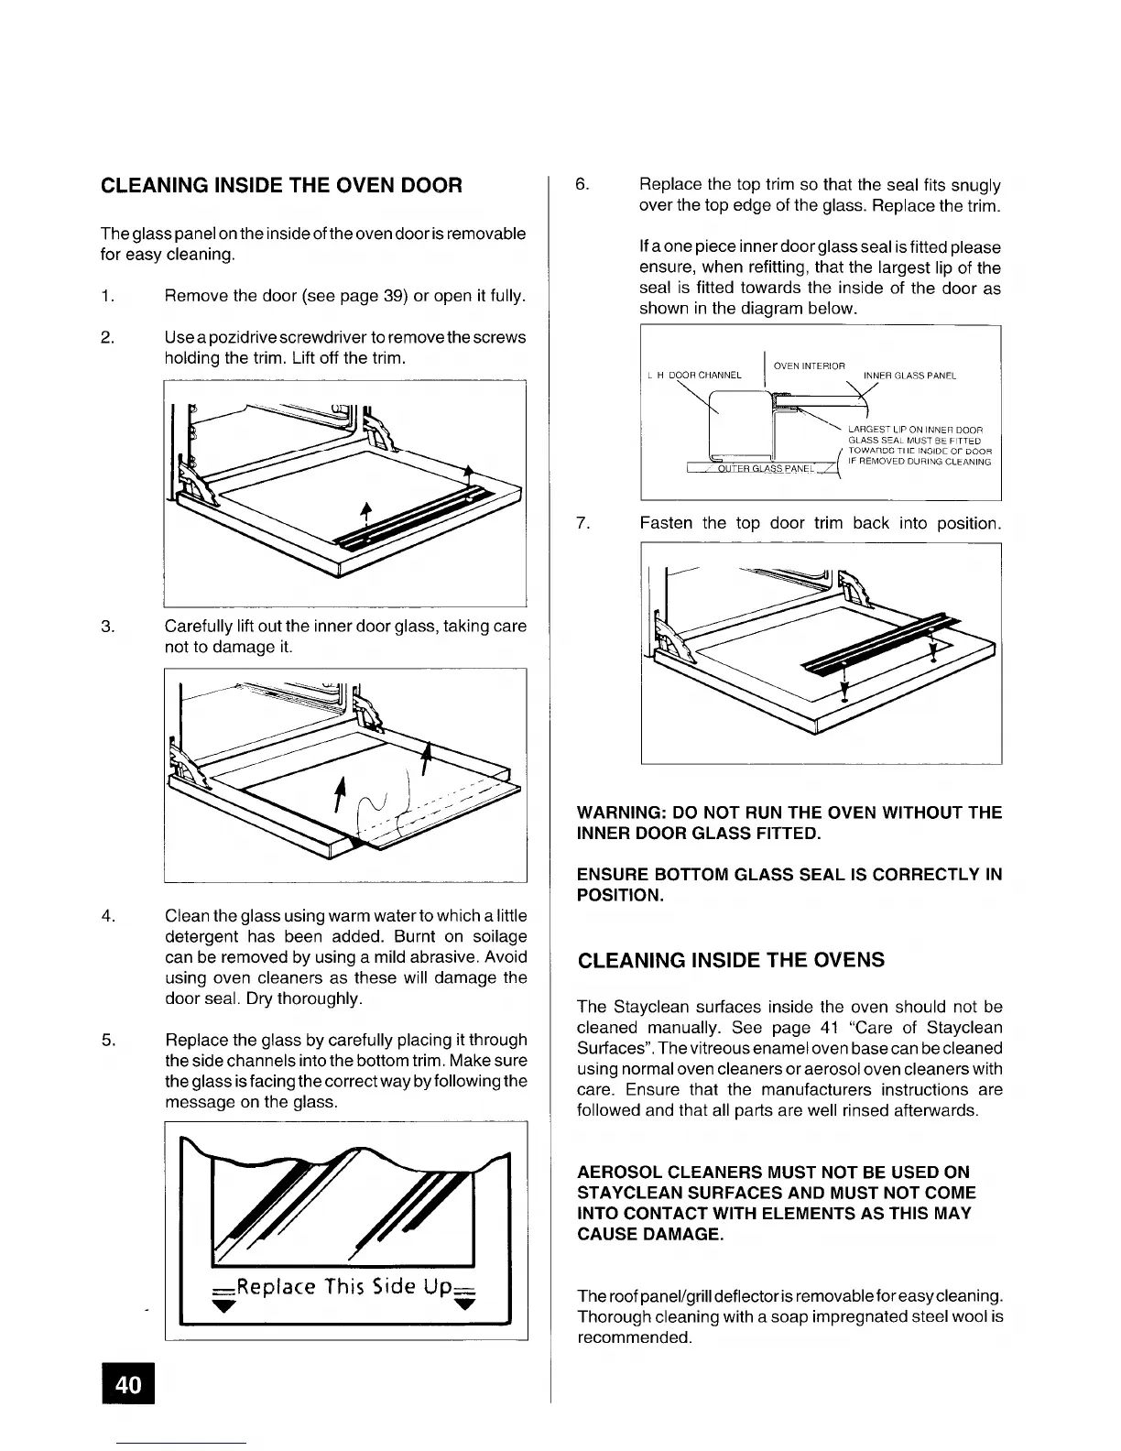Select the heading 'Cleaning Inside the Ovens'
pyautogui.click(x=731, y=960)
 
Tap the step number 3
pyautogui.click(x=107, y=627)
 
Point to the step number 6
pyautogui.click(x=582, y=185)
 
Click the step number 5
pyautogui.click(x=107, y=1040)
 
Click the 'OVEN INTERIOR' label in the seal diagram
pyautogui.click(x=809, y=366)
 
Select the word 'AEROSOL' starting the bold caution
pyautogui.click(x=618, y=1172)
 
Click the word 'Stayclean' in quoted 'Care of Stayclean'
pyautogui.click(x=963, y=1027)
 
